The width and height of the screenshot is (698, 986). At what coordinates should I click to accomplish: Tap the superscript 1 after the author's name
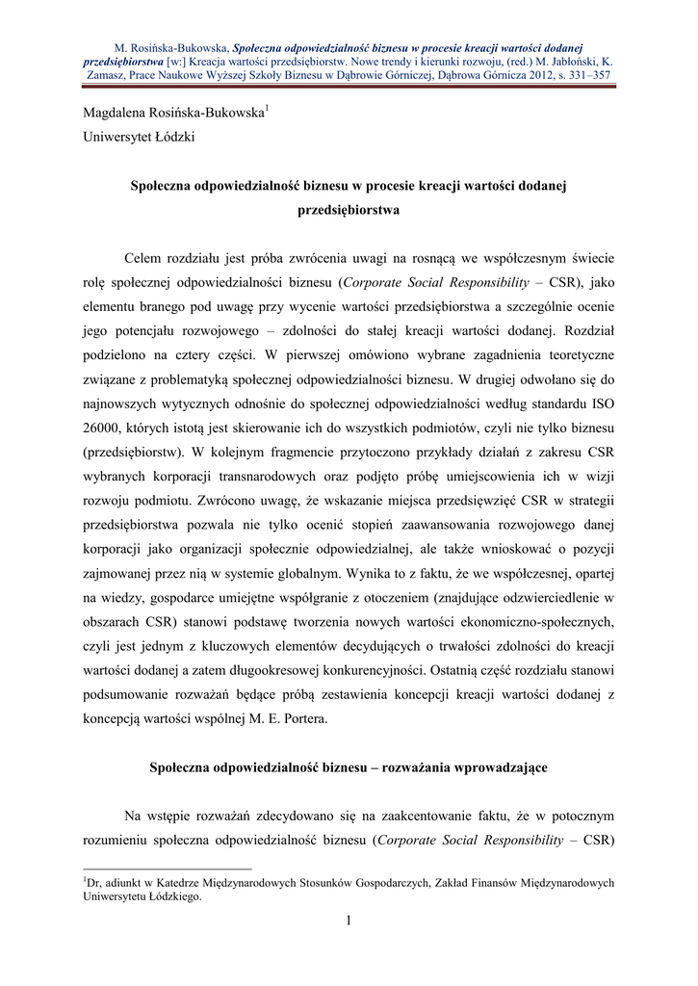pos(268,109)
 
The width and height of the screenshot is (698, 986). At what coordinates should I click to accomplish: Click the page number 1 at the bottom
pos(349,923)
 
